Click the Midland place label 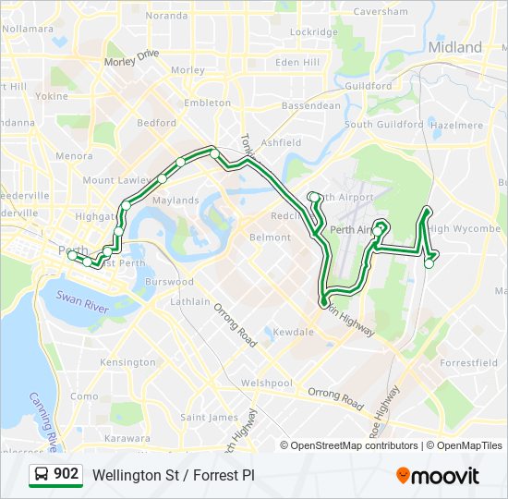[x=455, y=47]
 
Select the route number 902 [x=66, y=474]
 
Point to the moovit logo [x=438, y=476]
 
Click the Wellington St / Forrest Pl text [x=173, y=475]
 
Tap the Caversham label [x=381, y=12]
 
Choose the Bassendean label [x=310, y=106]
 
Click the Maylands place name [x=176, y=201]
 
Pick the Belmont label [x=271, y=237]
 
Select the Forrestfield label [x=468, y=363]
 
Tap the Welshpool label [x=266, y=383]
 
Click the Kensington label [x=127, y=363]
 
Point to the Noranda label [x=166, y=16]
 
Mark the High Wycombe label [x=464, y=229]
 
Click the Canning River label [x=42, y=416]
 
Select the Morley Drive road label [x=132, y=59]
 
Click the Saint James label [x=209, y=418]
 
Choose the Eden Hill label [x=297, y=62]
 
